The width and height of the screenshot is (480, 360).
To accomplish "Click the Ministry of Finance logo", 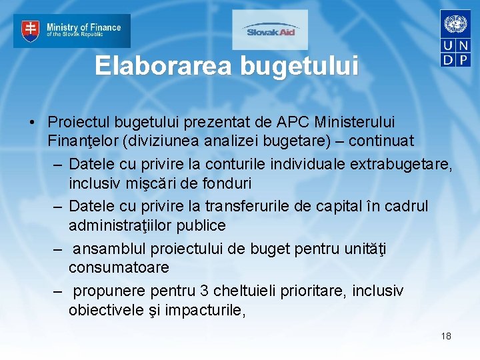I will click(x=72, y=31).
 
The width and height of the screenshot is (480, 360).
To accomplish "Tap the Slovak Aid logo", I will click(x=270, y=30).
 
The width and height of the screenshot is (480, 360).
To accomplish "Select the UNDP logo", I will click(x=456, y=38).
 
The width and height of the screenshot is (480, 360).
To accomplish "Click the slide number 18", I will click(x=446, y=336).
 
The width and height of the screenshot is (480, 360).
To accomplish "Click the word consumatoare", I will click(x=119, y=268).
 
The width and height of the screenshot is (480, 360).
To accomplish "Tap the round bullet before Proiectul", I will click(x=31, y=123).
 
